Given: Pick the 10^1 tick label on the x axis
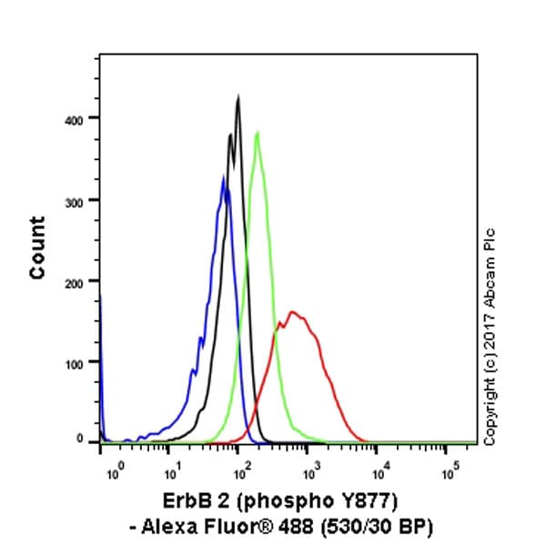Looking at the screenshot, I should (171, 472).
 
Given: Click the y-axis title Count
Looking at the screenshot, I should (37, 248).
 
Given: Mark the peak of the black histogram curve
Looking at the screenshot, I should (238, 96).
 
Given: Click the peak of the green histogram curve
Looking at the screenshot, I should (258, 133).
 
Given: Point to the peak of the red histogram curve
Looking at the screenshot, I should (291, 312).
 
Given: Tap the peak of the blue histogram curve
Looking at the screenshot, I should (223, 177).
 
